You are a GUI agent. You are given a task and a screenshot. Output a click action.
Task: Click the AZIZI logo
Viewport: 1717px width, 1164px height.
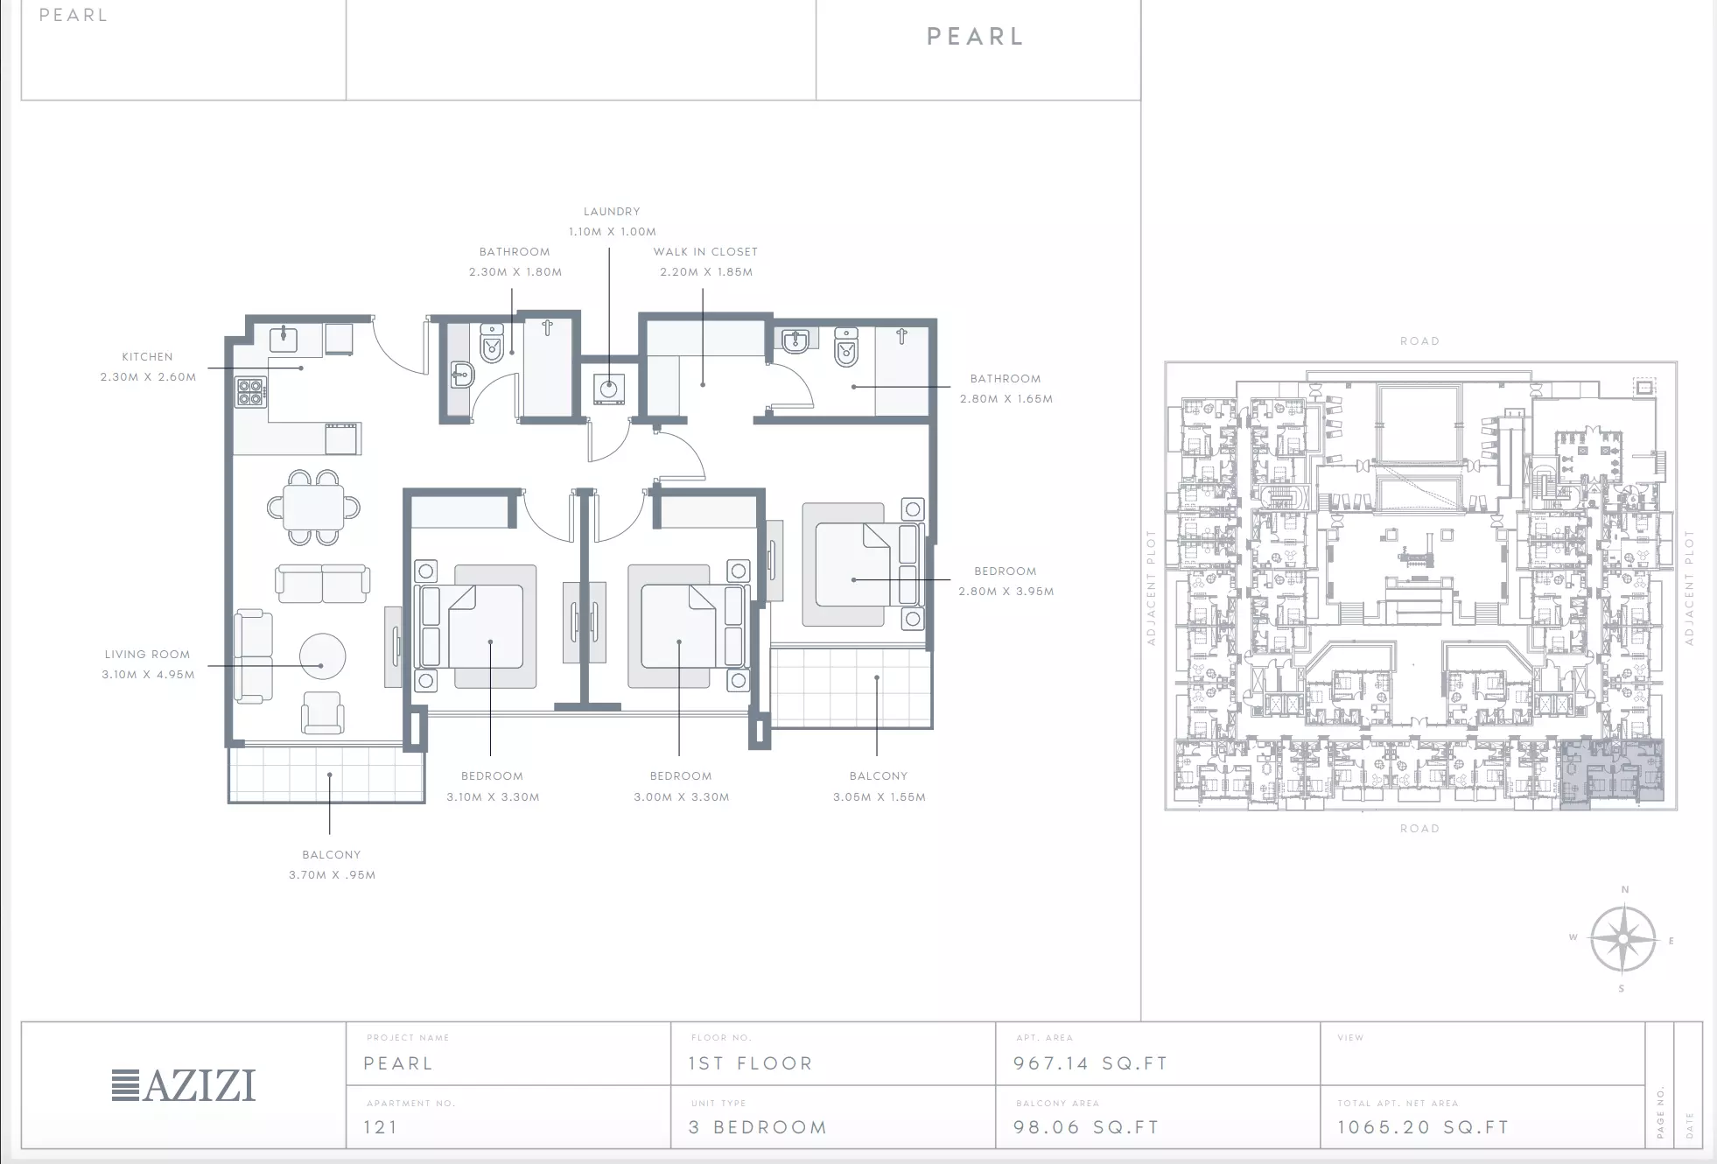pos(184,1085)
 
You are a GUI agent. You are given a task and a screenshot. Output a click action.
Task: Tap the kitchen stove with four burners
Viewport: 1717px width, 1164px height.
pos(250,392)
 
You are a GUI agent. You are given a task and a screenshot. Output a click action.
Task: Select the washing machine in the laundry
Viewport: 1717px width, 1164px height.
pos(609,389)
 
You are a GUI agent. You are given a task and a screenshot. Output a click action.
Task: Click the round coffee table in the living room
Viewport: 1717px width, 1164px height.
pos(322,656)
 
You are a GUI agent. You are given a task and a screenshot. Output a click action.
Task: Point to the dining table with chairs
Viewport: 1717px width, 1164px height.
pos(313,508)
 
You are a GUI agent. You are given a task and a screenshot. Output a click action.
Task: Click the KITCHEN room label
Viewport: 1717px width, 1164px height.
pos(148,357)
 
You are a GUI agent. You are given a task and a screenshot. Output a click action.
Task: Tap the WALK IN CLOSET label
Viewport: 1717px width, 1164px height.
pos(705,252)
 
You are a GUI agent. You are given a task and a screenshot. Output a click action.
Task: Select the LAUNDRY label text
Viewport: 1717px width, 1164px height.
pos(612,212)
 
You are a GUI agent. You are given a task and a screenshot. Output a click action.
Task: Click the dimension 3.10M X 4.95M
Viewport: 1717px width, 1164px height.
pos(148,675)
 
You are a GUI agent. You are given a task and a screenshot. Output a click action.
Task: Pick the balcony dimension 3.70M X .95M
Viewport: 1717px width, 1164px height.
pos(332,875)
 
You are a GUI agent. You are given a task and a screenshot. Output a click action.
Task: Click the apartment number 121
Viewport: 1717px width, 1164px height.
pos(381,1127)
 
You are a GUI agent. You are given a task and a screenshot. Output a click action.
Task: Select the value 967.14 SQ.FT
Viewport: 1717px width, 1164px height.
pos(1090,1063)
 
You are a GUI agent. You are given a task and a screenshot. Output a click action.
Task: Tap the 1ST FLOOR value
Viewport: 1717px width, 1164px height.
pos(751,1063)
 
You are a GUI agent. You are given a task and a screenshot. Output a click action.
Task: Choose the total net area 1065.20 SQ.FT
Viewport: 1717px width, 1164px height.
pos(1423,1127)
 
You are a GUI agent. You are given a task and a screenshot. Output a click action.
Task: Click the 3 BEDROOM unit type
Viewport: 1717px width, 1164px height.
pos(758,1127)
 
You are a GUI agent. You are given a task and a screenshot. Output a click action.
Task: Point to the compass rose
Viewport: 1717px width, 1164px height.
pos(1623,939)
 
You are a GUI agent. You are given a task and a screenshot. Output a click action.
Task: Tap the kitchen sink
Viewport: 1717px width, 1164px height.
pos(284,339)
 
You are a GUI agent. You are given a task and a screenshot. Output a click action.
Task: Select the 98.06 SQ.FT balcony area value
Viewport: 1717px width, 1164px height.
pos(1086,1127)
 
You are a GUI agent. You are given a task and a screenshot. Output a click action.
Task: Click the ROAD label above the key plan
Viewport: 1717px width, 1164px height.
pos(1419,341)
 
